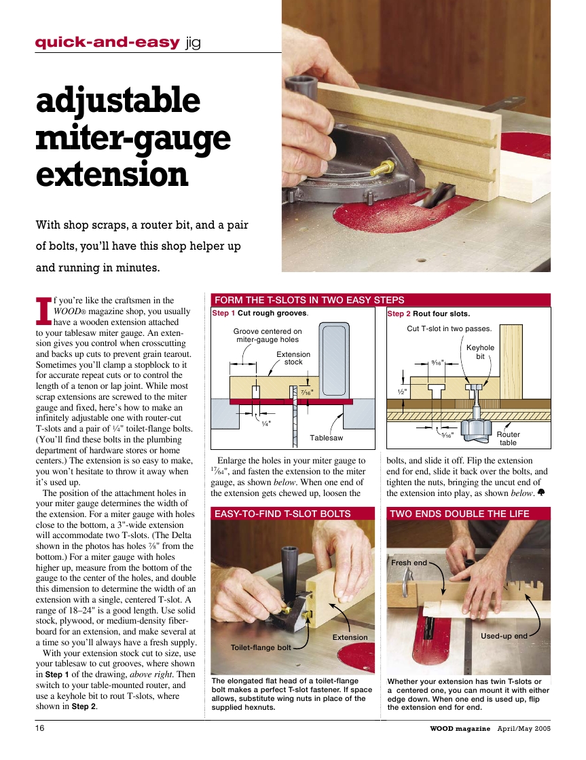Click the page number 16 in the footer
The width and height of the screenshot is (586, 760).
(x=40, y=728)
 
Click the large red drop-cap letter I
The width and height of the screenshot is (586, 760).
(x=43, y=311)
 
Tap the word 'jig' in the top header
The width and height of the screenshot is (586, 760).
(x=193, y=43)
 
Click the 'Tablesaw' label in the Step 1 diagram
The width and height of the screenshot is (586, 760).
(x=326, y=438)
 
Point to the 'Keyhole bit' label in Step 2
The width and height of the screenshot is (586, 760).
(x=480, y=352)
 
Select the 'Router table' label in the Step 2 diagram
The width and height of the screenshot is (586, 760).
(x=508, y=438)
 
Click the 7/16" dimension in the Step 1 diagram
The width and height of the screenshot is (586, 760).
(x=307, y=392)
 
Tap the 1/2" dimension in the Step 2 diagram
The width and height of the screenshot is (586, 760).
(x=402, y=392)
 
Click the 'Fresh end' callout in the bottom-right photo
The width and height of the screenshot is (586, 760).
(x=409, y=563)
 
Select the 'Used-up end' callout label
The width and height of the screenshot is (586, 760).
(x=504, y=636)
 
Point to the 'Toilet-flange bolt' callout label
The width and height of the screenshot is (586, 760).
(x=261, y=647)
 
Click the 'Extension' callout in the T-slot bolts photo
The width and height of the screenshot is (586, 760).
(x=350, y=637)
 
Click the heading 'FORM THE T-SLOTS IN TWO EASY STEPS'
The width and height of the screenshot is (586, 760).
(x=310, y=300)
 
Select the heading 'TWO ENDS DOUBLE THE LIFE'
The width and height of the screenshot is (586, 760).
(x=460, y=514)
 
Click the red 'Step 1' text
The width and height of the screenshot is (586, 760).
(x=223, y=313)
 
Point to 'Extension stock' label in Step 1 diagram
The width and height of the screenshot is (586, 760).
(x=293, y=358)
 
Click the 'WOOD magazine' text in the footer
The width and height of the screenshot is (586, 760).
(x=460, y=729)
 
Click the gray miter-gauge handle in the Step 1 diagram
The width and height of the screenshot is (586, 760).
(x=334, y=360)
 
